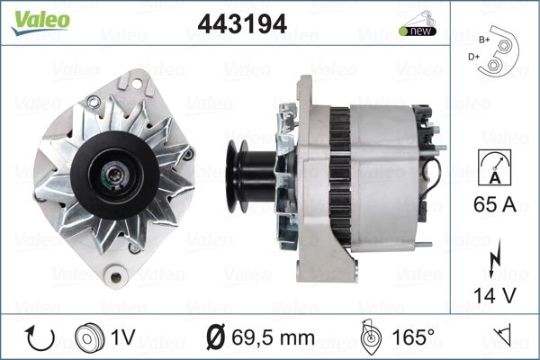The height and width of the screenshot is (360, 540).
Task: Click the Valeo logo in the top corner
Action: pos(40,22)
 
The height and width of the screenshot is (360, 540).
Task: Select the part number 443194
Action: pos(242,23)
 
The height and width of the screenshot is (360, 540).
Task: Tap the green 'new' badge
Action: pos(418,31)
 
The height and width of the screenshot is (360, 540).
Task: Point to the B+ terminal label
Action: pos(484,40)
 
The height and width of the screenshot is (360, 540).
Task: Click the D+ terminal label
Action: pos(473,57)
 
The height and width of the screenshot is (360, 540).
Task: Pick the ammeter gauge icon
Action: pos(495,167)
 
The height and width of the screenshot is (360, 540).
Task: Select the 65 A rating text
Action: pos(495,204)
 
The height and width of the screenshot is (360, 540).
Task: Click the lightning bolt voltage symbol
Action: pos(495,258)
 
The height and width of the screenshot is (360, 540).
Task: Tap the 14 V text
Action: pos(495,295)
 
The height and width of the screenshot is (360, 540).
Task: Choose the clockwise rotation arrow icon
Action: pos(40,338)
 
